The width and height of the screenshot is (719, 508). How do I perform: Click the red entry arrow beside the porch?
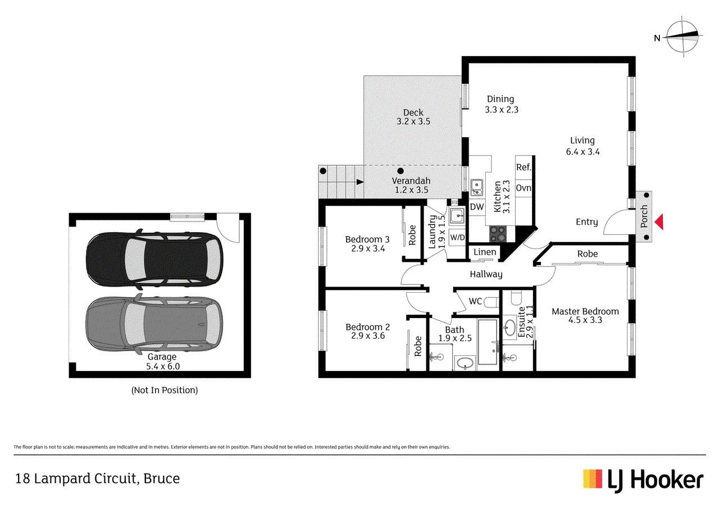[x=659, y=222]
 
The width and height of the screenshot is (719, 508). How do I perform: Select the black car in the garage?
[x=154, y=260]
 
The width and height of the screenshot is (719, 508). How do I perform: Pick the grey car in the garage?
[x=154, y=324]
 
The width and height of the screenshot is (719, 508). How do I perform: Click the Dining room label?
[x=500, y=99]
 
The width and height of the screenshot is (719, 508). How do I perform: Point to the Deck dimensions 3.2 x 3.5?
[x=413, y=121]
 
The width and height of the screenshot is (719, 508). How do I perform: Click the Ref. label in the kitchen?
[x=524, y=167]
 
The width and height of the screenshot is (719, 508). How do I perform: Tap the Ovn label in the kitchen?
[x=524, y=188]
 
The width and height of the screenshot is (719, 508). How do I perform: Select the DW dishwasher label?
[x=477, y=207]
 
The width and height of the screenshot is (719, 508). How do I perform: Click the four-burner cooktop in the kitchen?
[x=498, y=234]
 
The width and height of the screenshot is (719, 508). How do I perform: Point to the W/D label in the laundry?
[x=457, y=237]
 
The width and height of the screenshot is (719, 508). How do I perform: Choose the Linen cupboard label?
[x=485, y=252]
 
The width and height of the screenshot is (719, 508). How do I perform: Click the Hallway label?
[x=486, y=274]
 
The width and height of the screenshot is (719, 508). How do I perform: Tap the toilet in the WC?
[x=492, y=302]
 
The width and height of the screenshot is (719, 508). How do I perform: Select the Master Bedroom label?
[x=585, y=311]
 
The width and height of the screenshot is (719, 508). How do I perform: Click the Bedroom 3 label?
[x=367, y=239]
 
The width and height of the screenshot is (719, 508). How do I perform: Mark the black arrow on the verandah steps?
[x=360, y=182]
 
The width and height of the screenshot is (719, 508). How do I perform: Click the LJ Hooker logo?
[x=643, y=480]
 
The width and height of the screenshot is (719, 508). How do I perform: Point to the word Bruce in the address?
[x=161, y=479]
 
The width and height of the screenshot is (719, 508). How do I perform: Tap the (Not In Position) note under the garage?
[x=165, y=390]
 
